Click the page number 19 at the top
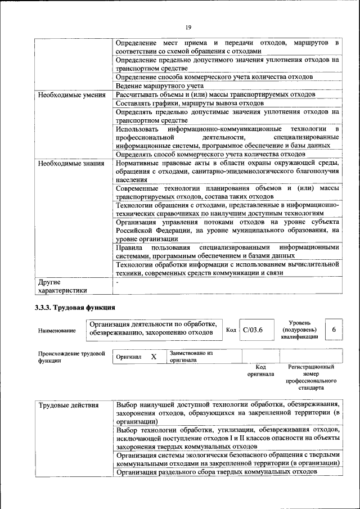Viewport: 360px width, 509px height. (188, 26)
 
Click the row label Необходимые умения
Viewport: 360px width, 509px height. (71, 94)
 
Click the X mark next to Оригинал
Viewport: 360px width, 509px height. (153, 357)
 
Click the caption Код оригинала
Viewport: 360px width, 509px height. (260, 370)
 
